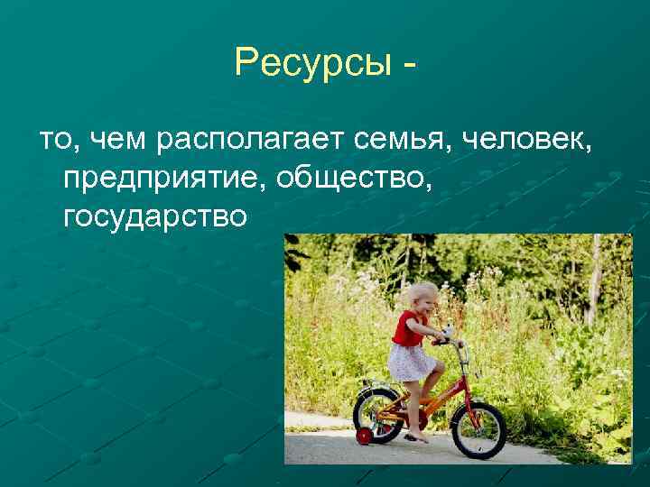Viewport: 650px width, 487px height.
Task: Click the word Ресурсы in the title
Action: coord(310,63)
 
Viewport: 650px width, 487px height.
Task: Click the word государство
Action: coord(154,217)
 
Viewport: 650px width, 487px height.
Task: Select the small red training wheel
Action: coord(364,436)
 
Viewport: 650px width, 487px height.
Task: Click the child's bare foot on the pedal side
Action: coord(417,437)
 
